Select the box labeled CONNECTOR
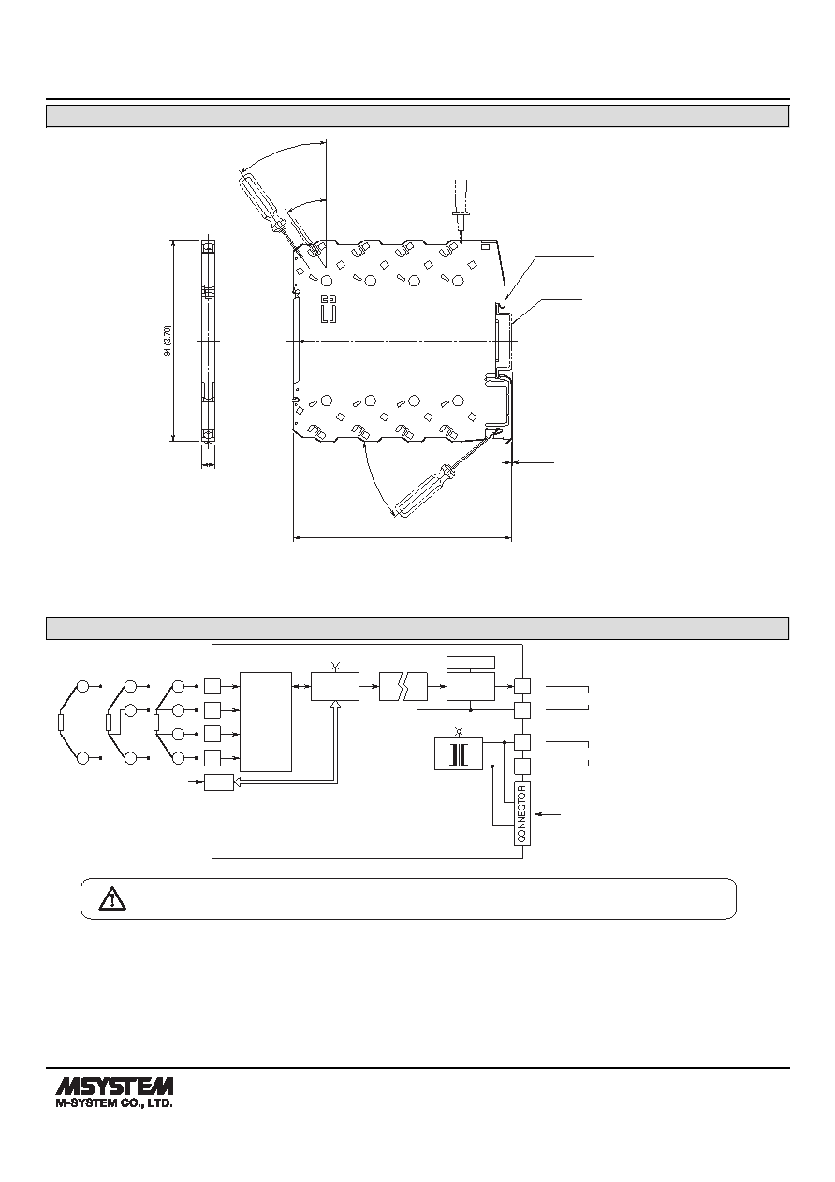[522, 813]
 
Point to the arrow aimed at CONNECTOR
[548, 815]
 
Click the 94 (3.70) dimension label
[168, 341]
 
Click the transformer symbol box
[458, 753]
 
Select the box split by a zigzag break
[403, 687]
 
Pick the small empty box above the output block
[471, 663]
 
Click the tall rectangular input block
[266, 722]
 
